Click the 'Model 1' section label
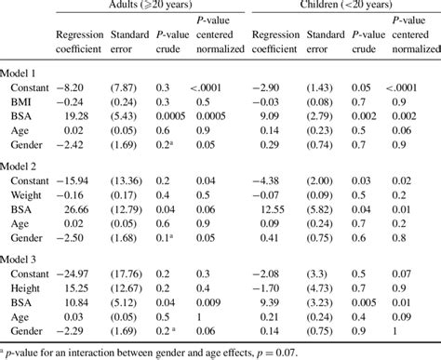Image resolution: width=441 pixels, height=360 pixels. pyautogui.click(x=21, y=73)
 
